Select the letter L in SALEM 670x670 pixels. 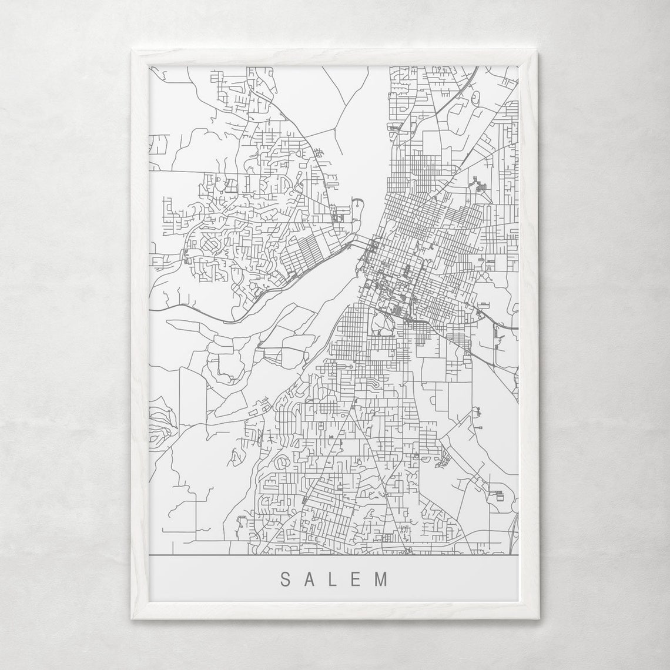coord(334,579)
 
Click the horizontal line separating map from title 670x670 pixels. coord(333,555)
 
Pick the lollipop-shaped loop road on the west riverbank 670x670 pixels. coord(357,207)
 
